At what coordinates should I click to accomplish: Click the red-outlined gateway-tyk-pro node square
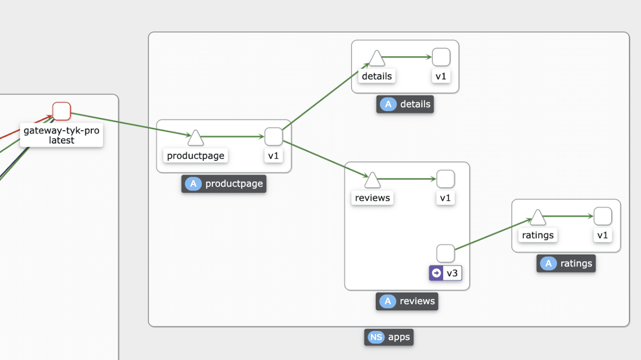tap(61, 111)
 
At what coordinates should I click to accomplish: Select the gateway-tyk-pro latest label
tap(61, 135)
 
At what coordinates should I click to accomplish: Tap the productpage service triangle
tap(195, 138)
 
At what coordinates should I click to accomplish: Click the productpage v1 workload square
tap(273, 137)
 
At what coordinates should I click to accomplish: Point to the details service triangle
tap(377, 59)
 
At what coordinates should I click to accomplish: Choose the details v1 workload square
tap(441, 57)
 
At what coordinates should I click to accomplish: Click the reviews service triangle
tap(372, 180)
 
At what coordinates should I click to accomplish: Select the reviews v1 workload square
tap(445, 179)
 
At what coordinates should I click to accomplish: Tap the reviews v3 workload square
tap(445, 254)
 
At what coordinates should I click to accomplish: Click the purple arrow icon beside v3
tap(436, 273)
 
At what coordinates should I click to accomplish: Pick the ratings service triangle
tap(538, 218)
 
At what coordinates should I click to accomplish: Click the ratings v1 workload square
tap(603, 216)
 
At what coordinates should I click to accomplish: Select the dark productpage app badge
tap(224, 184)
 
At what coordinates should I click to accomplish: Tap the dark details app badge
tap(405, 104)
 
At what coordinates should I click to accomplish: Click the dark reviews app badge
tap(407, 301)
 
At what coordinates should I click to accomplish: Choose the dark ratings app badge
tap(566, 264)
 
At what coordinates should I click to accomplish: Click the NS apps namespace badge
tap(389, 337)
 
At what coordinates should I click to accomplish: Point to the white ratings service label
tap(538, 235)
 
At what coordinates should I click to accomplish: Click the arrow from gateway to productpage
tap(129, 124)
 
